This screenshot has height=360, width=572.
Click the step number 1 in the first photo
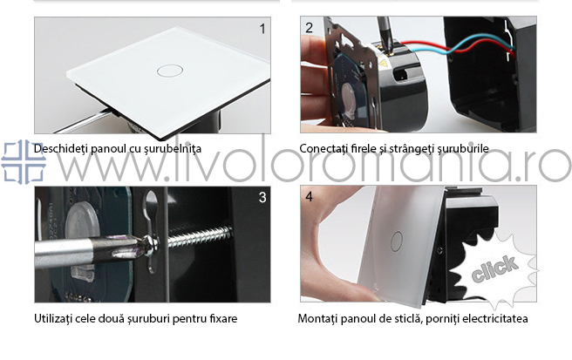262,29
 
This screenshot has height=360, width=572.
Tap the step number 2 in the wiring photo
309,28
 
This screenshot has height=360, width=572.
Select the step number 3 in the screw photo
262,197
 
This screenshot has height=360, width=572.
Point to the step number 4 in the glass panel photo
309,197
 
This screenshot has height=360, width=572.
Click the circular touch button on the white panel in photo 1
170,71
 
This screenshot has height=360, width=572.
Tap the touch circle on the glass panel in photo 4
396,241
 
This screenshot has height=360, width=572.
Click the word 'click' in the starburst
494,268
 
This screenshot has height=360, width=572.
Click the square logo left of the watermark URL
24,161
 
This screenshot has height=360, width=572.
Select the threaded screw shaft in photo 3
199,235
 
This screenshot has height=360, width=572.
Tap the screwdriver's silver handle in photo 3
63,252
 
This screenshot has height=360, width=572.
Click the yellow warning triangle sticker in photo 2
383,64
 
